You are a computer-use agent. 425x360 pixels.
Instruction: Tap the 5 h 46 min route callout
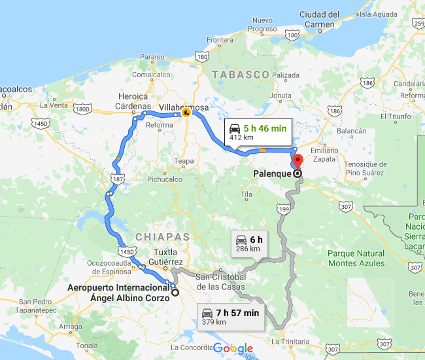(x=256, y=133)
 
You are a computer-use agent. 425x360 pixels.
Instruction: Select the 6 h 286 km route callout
(x=248, y=243)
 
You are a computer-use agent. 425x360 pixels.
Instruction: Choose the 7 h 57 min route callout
(x=231, y=317)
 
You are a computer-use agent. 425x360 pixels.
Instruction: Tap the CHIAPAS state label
(x=163, y=236)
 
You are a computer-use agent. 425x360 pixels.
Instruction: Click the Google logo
(x=233, y=349)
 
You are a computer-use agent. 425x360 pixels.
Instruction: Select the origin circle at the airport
(x=175, y=293)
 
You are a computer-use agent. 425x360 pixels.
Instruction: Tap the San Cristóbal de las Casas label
(x=220, y=281)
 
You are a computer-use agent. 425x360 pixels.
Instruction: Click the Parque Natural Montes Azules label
(x=356, y=258)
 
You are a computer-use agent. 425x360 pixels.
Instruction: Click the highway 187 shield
(x=118, y=178)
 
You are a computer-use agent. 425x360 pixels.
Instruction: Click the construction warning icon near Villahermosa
(x=186, y=113)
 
